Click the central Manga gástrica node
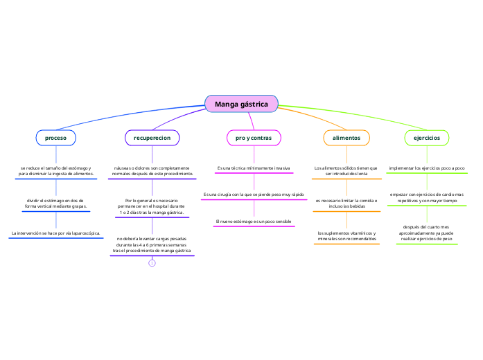[241, 104]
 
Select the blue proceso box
[55, 138]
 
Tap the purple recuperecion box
[152, 138]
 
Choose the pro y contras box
[253, 138]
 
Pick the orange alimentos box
[346, 138]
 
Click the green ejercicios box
[426, 138]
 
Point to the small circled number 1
[152, 263]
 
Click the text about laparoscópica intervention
[55, 234]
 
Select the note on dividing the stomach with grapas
[55, 204]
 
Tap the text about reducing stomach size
[55, 171]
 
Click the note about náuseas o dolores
[152, 171]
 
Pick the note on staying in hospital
[152, 206]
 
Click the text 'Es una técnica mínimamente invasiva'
[253, 168]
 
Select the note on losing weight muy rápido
[253, 195]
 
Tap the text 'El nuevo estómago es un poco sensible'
[253, 221]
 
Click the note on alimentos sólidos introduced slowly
[346, 171]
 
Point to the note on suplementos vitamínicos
[346, 236]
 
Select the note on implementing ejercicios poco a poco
[426, 168]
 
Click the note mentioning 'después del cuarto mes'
[426, 233]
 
